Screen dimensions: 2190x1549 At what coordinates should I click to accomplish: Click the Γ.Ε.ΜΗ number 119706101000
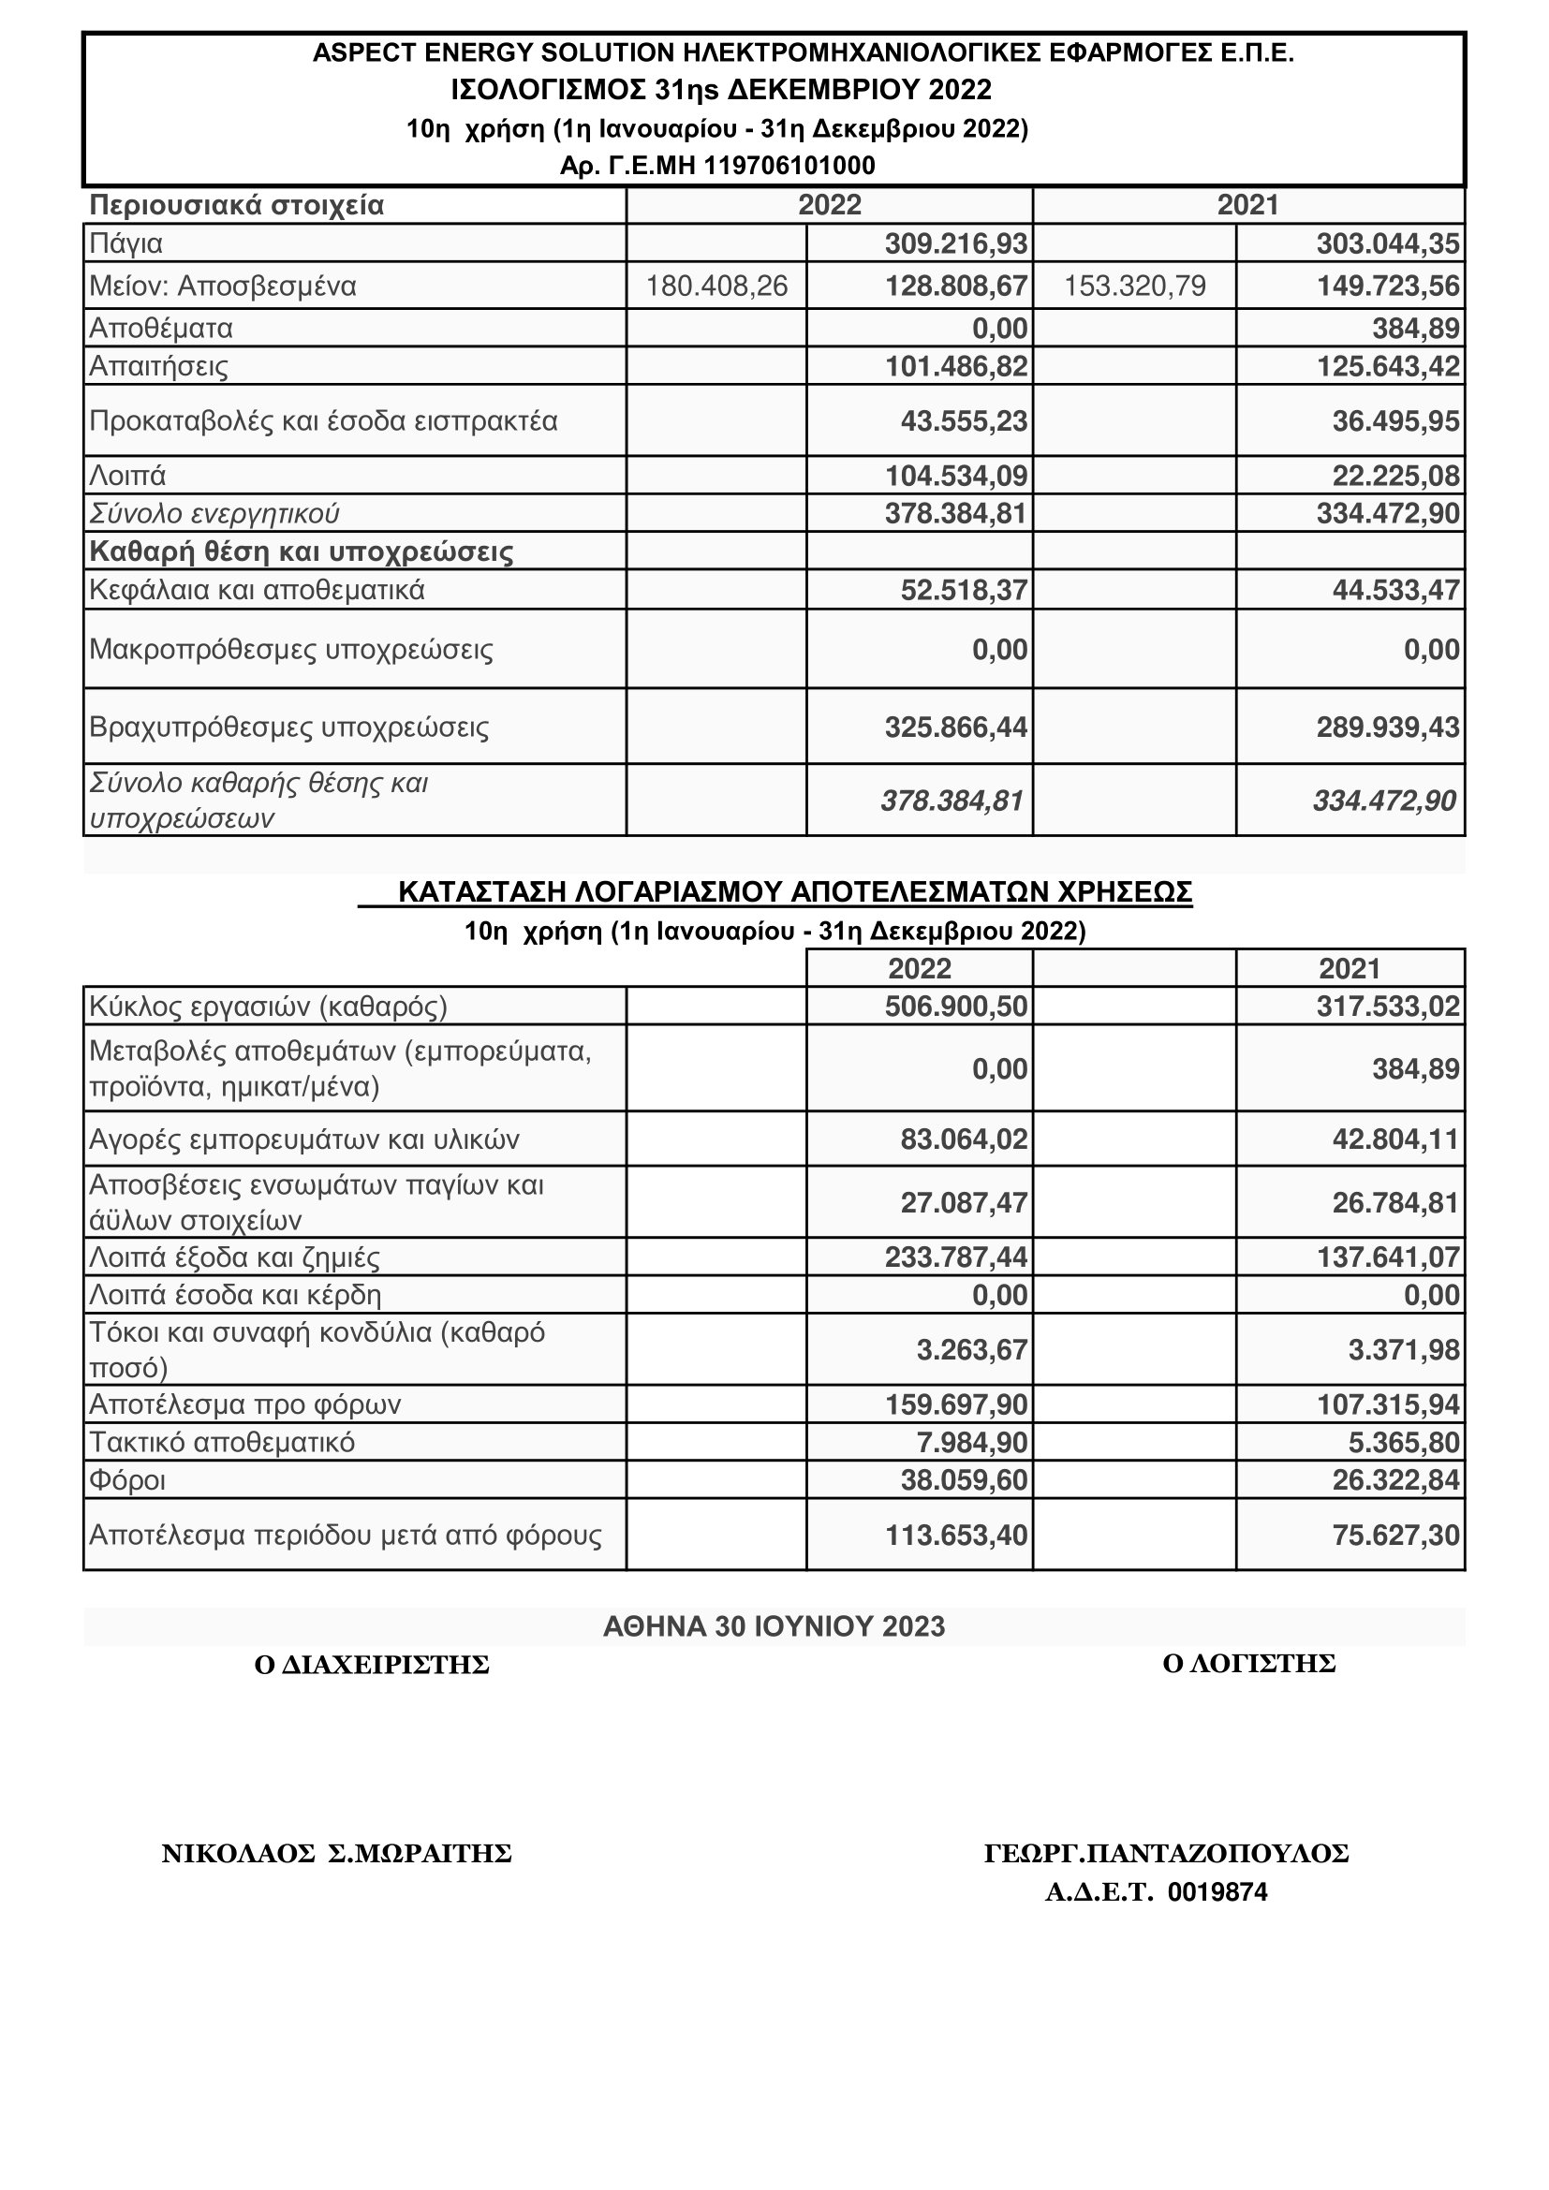point(789,166)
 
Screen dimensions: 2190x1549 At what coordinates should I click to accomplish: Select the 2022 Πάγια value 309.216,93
point(956,244)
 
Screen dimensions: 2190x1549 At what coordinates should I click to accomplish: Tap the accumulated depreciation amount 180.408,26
point(716,287)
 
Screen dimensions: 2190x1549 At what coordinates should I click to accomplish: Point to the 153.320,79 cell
point(1134,287)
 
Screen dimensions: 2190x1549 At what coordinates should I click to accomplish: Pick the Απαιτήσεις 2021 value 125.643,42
point(1388,366)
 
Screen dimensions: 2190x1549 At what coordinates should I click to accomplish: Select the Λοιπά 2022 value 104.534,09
point(956,475)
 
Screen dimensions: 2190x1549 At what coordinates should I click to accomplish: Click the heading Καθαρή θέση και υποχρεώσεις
point(302,551)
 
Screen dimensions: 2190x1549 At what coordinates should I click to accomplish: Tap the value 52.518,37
point(964,591)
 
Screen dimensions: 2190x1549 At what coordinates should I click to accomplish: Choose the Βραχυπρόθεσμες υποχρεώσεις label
point(289,728)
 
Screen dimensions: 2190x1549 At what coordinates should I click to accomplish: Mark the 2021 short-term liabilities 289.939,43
point(1388,728)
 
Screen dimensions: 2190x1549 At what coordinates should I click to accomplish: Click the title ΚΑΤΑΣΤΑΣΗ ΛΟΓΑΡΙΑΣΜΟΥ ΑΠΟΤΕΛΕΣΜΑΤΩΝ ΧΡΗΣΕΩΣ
point(794,892)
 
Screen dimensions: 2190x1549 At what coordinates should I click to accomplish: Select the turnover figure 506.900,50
point(956,1007)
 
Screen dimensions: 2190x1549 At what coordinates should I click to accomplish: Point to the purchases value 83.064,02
point(964,1139)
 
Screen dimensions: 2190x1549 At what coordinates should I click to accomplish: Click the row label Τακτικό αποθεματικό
point(221,1442)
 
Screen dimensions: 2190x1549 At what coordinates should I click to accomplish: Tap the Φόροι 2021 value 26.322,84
point(1395,1480)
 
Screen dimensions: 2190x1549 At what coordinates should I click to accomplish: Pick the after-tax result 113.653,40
point(956,1535)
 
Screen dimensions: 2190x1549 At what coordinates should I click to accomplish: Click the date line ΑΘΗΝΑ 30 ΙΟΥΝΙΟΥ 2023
point(774,1626)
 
